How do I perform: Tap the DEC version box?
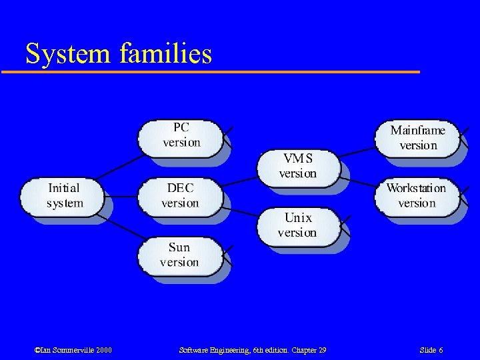tap(180, 196)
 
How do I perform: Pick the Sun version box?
tap(180, 256)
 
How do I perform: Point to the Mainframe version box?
tap(418, 138)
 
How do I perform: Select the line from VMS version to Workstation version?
tap(358, 181)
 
